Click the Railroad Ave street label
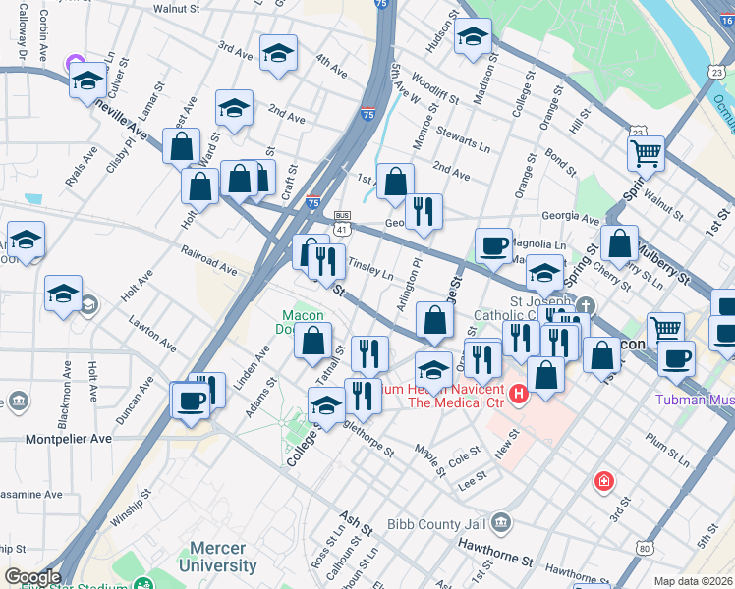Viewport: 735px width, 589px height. pyautogui.click(x=208, y=260)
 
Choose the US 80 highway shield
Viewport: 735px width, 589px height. pyautogui.click(x=644, y=547)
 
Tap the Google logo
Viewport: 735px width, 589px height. pyautogui.click(x=32, y=577)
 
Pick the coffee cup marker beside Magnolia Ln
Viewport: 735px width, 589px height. pyautogui.click(x=493, y=244)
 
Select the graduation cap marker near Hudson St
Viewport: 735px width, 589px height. pyautogui.click(x=473, y=37)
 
